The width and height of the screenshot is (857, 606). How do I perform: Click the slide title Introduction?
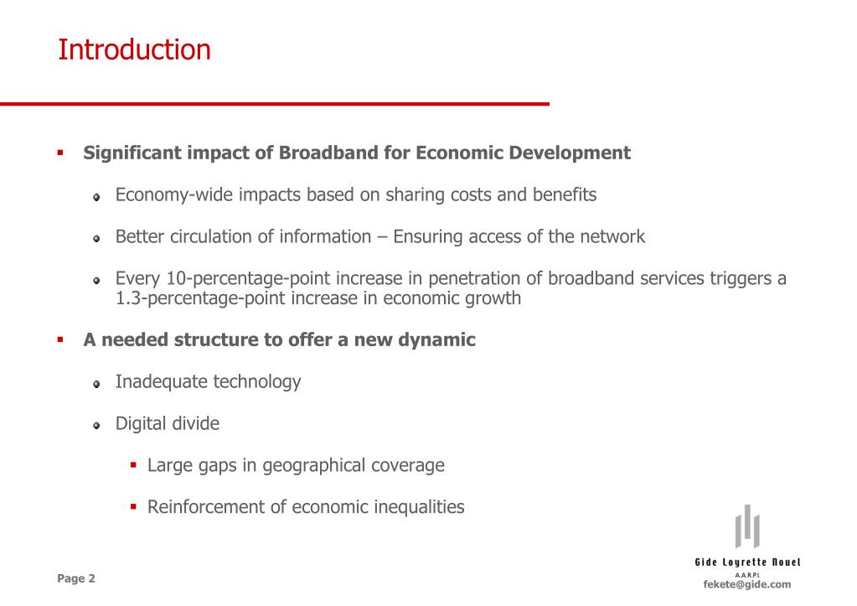click(134, 50)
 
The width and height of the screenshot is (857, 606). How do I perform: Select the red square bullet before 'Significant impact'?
click(60, 153)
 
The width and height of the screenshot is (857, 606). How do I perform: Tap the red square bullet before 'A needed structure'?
click(60, 339)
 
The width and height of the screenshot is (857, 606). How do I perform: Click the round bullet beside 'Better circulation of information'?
click(97, 238)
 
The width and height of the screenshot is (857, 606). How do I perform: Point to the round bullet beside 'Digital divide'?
click(97, 425)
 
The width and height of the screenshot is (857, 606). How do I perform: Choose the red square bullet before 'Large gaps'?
click(133, 464)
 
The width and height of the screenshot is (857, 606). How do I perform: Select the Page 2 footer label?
click(76, 578)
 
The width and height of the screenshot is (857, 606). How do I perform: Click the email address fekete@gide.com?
click(746, 584)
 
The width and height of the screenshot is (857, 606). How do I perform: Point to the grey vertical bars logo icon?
click(746, 526)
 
